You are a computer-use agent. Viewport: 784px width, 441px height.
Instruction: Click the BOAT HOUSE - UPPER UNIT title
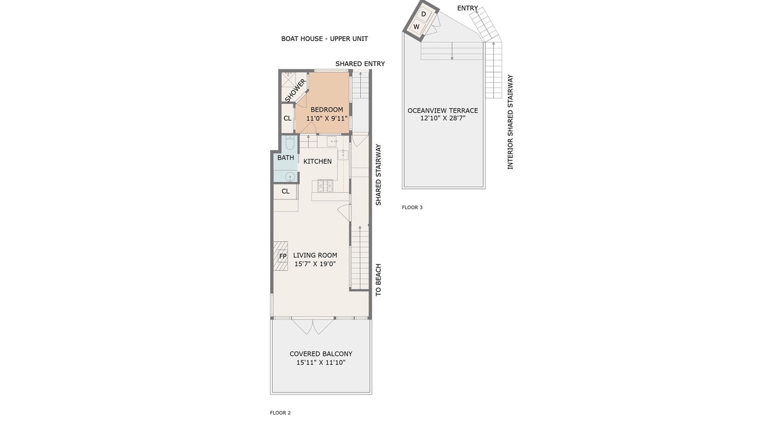pyautogui.click(x=325, y=39)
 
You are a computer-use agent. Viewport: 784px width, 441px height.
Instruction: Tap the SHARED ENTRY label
pyautogui.click(x=360, y=64)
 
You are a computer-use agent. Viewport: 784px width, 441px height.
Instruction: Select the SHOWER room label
pyautogui.click(x=295, y=90)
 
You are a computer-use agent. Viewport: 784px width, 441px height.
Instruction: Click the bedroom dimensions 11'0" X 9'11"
pyautogui.click(x=327, y=118)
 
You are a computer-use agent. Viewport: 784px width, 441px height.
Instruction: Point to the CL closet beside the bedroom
pyautogui.click(x=287, y=118)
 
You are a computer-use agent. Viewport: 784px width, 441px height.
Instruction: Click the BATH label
pyautogui.click(x=285, y=157)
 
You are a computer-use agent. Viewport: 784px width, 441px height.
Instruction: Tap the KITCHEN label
pyautogui.click(x=317, y=161)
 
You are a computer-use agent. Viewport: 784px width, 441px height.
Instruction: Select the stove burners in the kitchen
pyautogui.click(x=325, y=186)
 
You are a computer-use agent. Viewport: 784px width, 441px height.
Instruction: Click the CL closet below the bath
pyautogui.click(x=285, y=191)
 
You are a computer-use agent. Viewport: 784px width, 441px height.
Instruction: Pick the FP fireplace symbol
pyautogui.click(x=283, y=256)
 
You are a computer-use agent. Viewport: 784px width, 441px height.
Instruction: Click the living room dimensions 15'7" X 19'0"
pyautogui.click(x=315, y=264)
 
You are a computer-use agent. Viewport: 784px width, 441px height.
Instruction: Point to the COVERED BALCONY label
pyautogui.click(x=321, y=354)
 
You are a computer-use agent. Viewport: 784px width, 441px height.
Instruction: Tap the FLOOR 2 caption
pyautogui.click(x=281, y=413)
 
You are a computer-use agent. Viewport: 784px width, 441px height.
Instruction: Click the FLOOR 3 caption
pyautogui.click(x=412, y=207)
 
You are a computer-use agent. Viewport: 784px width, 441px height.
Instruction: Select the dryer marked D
pyautogui.click(x=424, y=14)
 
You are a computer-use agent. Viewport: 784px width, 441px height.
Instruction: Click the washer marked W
pyautogui.click(x=417, y=26)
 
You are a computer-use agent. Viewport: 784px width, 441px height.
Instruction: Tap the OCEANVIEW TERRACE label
pyautogui.click(x=443, y=111)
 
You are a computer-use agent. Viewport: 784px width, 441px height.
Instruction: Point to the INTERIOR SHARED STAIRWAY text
pyautogui.click(x=510, y=122)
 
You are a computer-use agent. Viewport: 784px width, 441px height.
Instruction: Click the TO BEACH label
pyautogui.click(x=379, y=280)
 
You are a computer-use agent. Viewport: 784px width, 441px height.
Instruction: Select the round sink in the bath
pyautogui.click(x=290, y=177)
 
